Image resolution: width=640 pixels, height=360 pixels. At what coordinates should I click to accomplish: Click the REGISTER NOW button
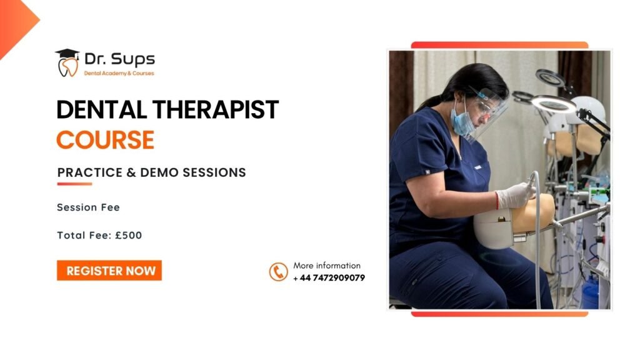coord(109,271)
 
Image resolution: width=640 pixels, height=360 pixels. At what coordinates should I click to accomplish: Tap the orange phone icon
coord(278,272)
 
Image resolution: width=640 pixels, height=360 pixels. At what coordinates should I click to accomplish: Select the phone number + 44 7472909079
coord(329,278)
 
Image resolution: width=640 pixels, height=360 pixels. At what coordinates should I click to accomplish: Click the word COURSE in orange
coord(105,140)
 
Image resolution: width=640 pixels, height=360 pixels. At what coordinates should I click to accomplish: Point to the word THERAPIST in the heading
coord(216,110)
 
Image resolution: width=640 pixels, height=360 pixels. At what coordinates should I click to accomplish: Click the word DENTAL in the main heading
coord(102,110)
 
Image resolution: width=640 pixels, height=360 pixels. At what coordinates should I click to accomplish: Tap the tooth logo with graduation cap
coord(67,63)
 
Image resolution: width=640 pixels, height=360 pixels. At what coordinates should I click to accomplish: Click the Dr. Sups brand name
coord(119,59)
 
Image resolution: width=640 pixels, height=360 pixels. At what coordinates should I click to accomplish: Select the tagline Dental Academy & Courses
coord(119,74)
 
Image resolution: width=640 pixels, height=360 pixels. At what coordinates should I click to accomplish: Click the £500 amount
coord(129,236)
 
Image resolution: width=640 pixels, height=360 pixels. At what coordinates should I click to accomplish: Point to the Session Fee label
coord(88,207)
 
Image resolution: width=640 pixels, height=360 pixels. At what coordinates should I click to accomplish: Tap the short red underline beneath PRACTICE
coord(74,184)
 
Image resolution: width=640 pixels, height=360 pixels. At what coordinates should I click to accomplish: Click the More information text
coord(327,266)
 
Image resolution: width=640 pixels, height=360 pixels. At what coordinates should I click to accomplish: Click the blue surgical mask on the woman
coord(462,120)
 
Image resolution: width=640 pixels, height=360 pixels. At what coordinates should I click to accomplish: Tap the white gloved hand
coord(515,196)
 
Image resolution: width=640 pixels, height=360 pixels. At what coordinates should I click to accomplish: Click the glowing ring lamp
coord(554,105)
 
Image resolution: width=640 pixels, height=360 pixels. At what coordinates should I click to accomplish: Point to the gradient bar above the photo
coord(499,45)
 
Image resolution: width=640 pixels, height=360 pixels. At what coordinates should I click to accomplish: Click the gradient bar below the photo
coord(499,314)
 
